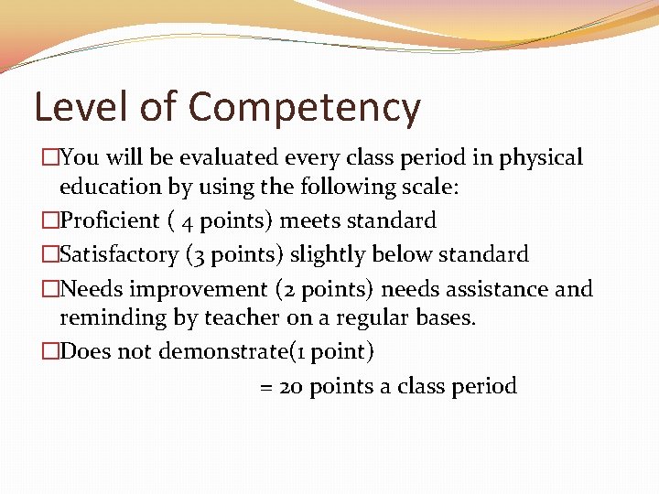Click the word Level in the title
80,107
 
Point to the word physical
541,159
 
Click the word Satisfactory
117,253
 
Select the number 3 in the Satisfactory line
198,254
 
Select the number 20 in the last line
292,386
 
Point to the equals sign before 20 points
266,387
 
